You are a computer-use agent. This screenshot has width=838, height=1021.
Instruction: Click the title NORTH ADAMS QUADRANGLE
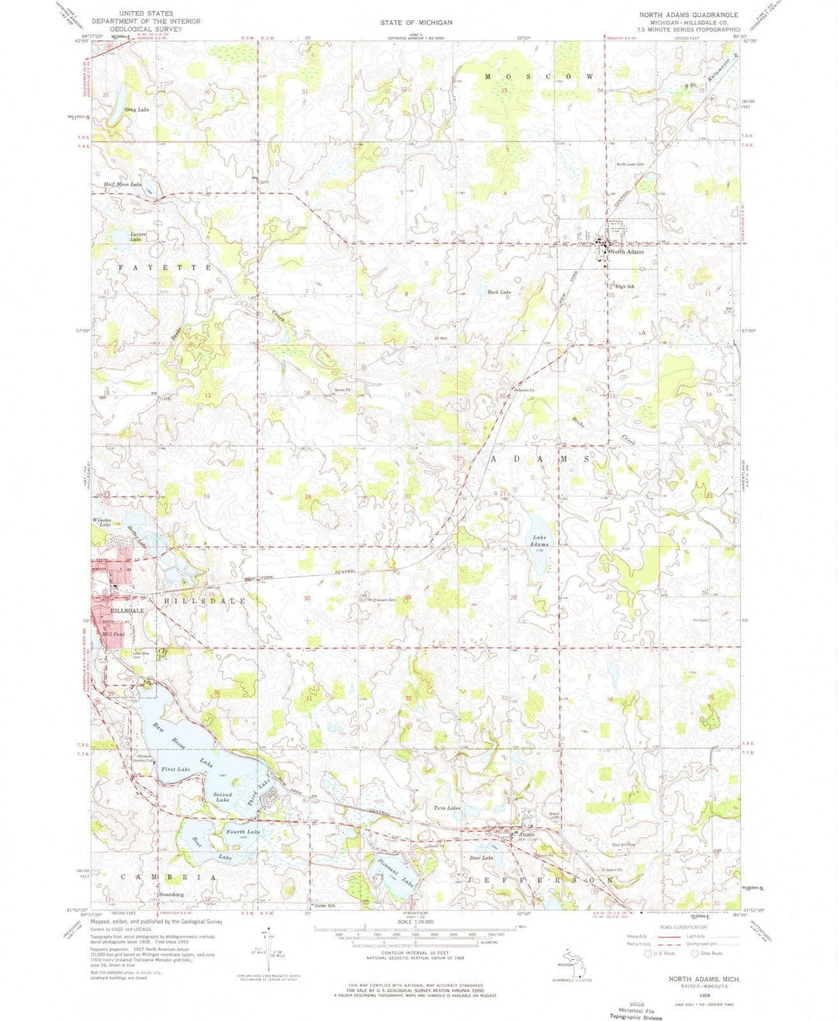click(x=688, y=15)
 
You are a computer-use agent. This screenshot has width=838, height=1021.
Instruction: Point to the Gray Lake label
click(x=137, y=110)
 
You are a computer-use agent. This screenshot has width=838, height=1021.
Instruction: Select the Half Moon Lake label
click(x=123, y=185)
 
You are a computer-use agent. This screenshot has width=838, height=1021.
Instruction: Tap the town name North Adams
click(x=626, y=252)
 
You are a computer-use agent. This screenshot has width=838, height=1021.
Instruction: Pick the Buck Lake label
click(x=499, y=292)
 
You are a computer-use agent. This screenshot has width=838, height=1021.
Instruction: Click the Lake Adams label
click(x=540, y=541)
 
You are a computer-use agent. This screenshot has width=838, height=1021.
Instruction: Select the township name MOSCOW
click(x=540, y=77)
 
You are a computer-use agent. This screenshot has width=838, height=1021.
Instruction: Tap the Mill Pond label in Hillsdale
click(x=114, y=634)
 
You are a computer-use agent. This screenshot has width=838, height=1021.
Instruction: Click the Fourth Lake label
click(x=243, y=832)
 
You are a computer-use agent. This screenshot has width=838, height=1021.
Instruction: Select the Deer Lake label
click(x=482, y=858)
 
